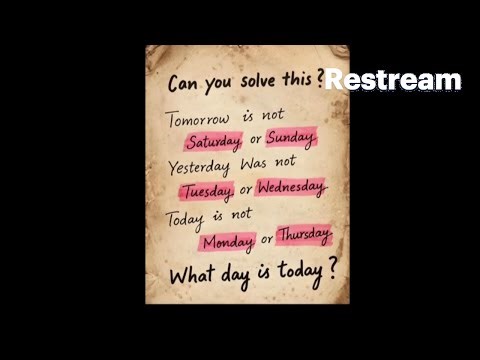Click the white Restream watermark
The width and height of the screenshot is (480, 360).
pyautogui.click(x=393, y=80)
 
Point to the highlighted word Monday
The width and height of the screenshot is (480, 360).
pyautogui.click(x=228, y=241)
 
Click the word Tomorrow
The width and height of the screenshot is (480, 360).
pyautogui.click(x=199, y=118)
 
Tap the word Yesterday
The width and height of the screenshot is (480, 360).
pyautogui.click(x=199, y=165)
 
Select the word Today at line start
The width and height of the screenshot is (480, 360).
pyautogui.click(x=190, y=214)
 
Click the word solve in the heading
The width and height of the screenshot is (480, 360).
pyautogui.click(x=261, y=80)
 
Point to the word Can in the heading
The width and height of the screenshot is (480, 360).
pyautogui.click(x=185, y=83)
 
